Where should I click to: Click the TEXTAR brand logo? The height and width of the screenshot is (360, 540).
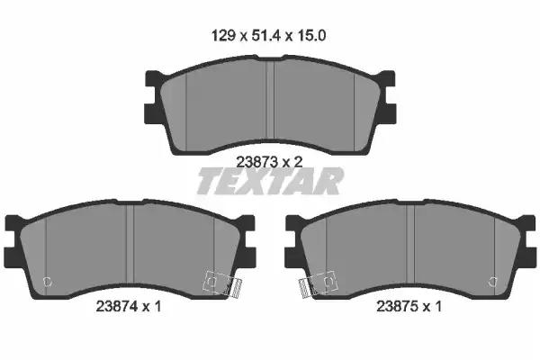pos(270,181)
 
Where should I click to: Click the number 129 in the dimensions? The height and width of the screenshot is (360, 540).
pos(223,35)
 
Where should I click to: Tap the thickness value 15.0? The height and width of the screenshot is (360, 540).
pos(311,35)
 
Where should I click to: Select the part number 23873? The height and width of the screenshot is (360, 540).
pos(256,162)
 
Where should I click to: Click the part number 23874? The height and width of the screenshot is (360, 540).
pos(117,306)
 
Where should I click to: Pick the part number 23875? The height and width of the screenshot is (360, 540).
pos(398,306)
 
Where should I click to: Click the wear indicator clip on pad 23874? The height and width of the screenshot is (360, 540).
pos(223,284)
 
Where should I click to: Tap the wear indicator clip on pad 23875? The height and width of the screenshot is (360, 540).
pos(319,284)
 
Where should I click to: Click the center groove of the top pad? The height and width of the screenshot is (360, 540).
pos(270,100)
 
